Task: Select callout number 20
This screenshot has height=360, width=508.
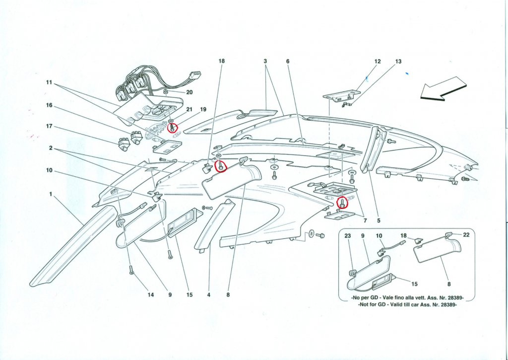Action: pyautogui.click(x=189, y=92)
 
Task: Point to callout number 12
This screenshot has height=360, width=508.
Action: pyautogui.click(x=378, y=61)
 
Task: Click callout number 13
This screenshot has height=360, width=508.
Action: pyautogui.click(x=398, y=61)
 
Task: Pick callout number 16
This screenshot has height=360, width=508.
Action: pyautogui.click(x=49, y=105)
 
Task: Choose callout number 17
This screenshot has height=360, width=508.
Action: pyautogui.click(x=49, y=126)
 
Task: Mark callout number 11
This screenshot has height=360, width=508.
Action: pyautogui.click(x=49, y=83)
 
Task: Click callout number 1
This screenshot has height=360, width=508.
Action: pyautogui.click(x=51, y=194)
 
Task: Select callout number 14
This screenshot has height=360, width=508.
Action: pyautogui.click(x=150, y=295)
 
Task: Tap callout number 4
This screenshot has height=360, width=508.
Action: pyautogui.click(x=209, y=295)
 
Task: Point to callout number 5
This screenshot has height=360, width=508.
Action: pyautogui.click(x=379, y=221)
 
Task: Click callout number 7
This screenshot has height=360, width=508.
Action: pyautogui.click(x=365, y=221)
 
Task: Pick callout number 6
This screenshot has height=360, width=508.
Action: pyautogui.click(x=288, y=61)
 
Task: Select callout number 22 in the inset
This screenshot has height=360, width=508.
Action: pyautogui.click(x=466, y=235)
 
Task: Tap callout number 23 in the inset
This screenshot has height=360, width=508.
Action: pyautogui.click(x=348, y=236)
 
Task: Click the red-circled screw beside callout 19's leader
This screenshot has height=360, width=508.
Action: pyautogui.click(x=172, y=128)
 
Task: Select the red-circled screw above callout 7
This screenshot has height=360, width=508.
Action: pyautogui.click(x=342, y=203)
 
